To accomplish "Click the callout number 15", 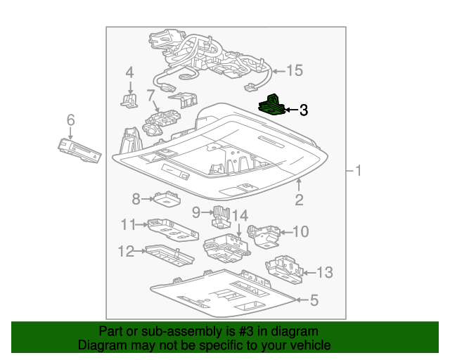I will pyautogui.click(x=294, y=70).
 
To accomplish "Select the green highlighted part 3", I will pyautogui.click(x=271, y=105).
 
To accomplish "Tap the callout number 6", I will pyautogui.click(x=70, y=121).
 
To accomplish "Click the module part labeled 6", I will pyautogui.click(x=79, y=150).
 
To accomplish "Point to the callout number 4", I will pyautogui.click(x=129, y=72).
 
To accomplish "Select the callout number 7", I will pyautogui.click(x=150, y=94).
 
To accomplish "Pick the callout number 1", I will pyautogui.click(x=358, y=171).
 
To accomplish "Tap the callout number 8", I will pyautogui.click(x=136, y=199).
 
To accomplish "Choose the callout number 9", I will pyautogui.click(x=197, y=211).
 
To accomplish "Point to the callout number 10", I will pyautogui.click(x=300, y=231).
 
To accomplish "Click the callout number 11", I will pyautogui.click(x=127, y=225).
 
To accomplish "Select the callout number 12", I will pyautogui.click(x=125, y=251).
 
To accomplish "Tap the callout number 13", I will pyautogui.click(x=324, y=273).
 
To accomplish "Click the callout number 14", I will pyautogui.click(x=240, y=215).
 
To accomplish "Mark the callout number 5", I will pyautogui.click(x=314, y=301).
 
